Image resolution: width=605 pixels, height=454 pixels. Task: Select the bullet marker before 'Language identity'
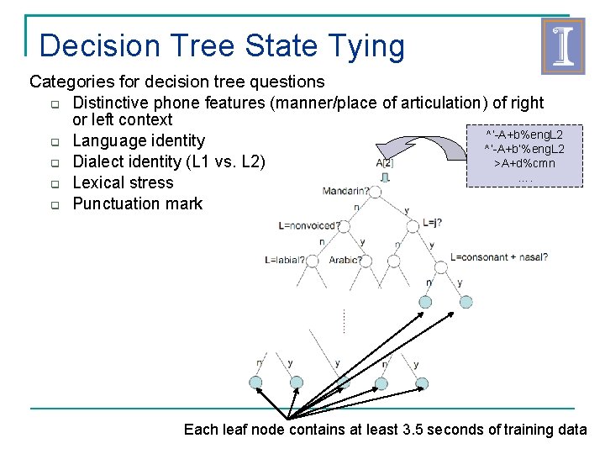(x=52, y=142)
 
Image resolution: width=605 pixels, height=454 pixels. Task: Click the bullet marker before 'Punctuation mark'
(x=52, y=204)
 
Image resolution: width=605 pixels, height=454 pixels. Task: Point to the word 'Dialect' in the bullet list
(x=99, y=161)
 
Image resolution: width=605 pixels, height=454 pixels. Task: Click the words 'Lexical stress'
(x=123, y=182)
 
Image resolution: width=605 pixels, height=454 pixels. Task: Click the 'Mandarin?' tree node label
(x=345, y=191)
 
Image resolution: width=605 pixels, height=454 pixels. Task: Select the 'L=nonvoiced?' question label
(x=309, y=225)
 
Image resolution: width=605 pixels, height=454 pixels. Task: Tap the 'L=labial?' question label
(x=284, y=260)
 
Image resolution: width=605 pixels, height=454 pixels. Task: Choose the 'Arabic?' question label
(x=345, y=260)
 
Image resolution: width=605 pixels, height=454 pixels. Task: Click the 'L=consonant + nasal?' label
(x=499, y=257)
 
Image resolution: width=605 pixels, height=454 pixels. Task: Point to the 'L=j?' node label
(x=433, y=223)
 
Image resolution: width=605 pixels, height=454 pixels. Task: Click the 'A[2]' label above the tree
(x=385, y=163)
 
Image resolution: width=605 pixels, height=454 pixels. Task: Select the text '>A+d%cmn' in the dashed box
(x=524, y=163)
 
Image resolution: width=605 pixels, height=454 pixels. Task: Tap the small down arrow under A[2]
(x=385, y=177)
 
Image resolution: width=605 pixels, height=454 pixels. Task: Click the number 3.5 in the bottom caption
(x=414, y=430)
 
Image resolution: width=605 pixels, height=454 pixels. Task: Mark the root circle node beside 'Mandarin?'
(x=375, y=193)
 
